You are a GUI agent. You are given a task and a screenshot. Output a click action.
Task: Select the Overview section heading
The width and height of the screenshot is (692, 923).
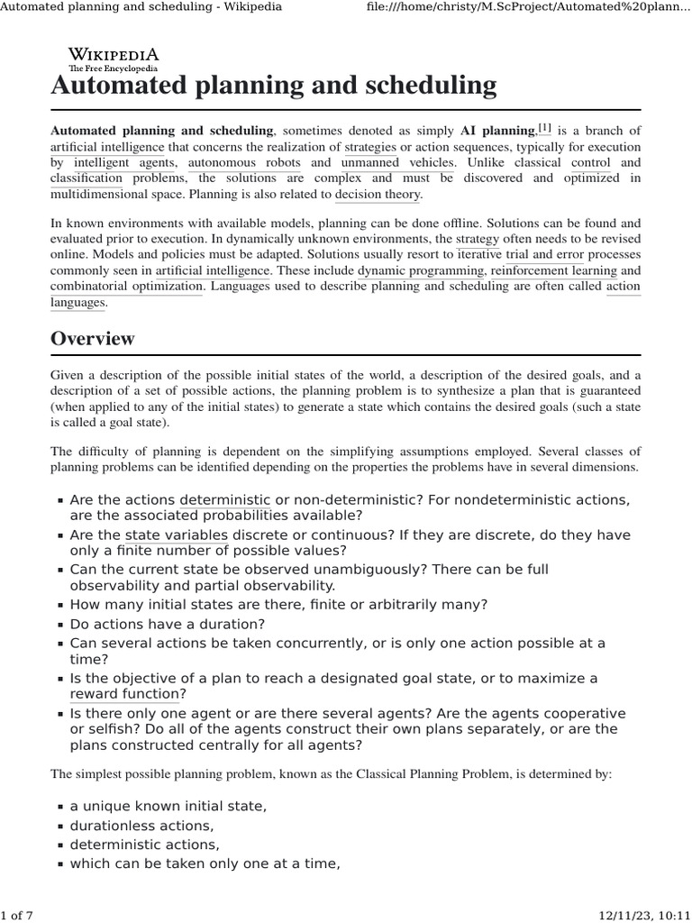pos(93,339)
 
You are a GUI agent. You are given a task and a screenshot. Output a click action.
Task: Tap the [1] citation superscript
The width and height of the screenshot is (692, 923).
pos(544,129)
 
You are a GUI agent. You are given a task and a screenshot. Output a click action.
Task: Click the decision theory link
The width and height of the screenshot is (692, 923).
pos(378,194)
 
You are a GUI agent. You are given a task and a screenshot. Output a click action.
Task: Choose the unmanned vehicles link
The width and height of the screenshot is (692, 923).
pos(398,162)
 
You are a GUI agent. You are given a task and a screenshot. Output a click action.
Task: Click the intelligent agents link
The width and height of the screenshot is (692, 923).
pos(121,162)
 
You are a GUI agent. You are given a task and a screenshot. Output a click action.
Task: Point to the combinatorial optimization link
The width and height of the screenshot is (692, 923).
pos(126,286)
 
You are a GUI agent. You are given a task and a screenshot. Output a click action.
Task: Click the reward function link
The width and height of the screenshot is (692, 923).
pos(124,694)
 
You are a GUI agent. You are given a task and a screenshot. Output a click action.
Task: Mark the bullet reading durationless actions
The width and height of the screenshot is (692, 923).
pos(142,826)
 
